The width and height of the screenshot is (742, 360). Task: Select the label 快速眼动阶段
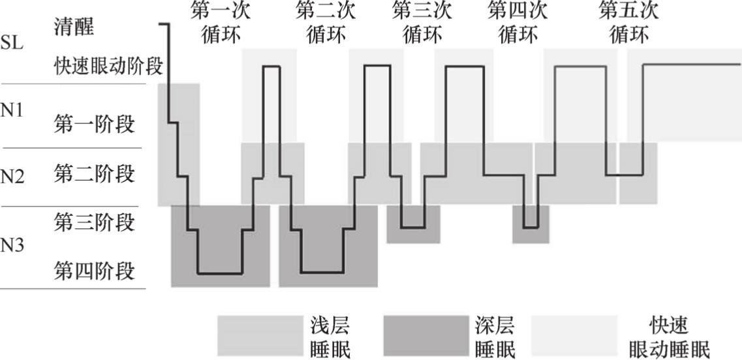pyautogui.click(x=108, y=67)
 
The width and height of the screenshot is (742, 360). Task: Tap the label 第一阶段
pyautogui.click(x=94, y=125)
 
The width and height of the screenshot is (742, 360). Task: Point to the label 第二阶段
pyautogui.click(x=94, y=173)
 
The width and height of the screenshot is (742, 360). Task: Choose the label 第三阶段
pyautogui.click(x=94, y=222)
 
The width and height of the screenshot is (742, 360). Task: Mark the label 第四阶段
pyautogui.click(x=94, y=271)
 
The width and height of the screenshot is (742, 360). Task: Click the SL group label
pyautogui.click(x=12, y=44)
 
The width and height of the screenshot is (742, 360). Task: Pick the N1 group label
pyautogui.click(x=12, y=112)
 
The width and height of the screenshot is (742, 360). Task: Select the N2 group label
pyautogui.click(x=12, y=177)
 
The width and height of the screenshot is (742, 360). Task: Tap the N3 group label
pyautogui.click(x=12, y=246)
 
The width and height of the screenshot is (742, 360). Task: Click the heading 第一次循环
pyautogui.click(x=221, y=23)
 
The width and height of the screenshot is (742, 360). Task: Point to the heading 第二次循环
pyautogui.click(x=326, y=23)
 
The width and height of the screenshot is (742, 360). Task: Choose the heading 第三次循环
pyautogui.click(x=422, y=23)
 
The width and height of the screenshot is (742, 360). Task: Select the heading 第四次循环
pyautogui.click(x=518, y=23)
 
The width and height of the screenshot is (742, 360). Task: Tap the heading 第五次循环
pyautogui.click(x=628, y=23)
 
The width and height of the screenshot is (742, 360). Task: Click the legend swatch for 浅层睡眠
pyautogui.click(x=260, y=336)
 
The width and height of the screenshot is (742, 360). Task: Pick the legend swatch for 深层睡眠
pyautogui.click(x=425, y=336)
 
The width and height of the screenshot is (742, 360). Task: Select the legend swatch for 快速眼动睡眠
pyautogui.click(x=574, y=336)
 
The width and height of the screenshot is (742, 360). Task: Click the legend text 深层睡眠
pyautogui.click(x=495, y=337)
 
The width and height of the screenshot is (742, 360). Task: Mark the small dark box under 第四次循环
pyautogui.click(x=531, y=224)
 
